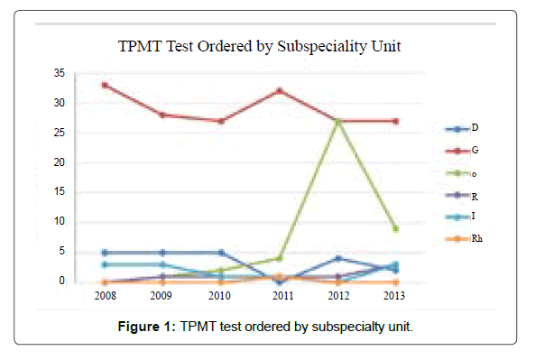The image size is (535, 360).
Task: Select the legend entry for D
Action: [x=462, y=128]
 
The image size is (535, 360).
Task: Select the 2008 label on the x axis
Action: [x=105, y=295]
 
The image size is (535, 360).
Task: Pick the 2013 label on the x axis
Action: [x=395, y=295]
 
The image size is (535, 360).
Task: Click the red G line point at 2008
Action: [x=105, y=85]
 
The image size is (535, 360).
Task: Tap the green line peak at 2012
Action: [x=337, y=121]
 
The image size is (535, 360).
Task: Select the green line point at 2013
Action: [x=395, y=228]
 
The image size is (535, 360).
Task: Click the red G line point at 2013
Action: [x=395, y=121]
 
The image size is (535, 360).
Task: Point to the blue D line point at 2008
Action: [x=105, y=253]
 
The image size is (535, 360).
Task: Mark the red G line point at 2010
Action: [x=221, y=121]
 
